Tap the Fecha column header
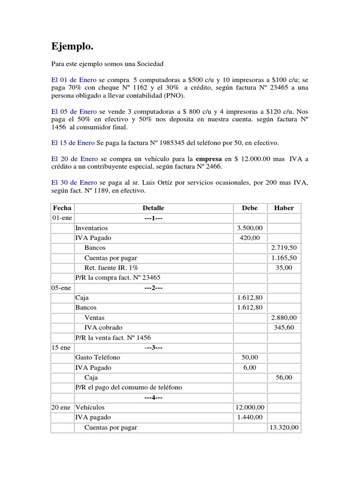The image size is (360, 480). [62, 208]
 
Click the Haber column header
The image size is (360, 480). [284, 208]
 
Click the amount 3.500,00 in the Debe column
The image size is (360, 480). [250, 227]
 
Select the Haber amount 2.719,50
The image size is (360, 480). [284, 247]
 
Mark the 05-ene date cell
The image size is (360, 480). [60, 287]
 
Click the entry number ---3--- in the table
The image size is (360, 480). [153, 347]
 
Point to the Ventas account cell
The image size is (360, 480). [94, 317]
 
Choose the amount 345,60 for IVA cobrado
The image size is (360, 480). [284, 327]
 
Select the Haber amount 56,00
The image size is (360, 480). [284, 377]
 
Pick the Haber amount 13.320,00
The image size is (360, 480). [284, 427]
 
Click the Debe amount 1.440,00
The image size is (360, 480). [250, 417]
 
